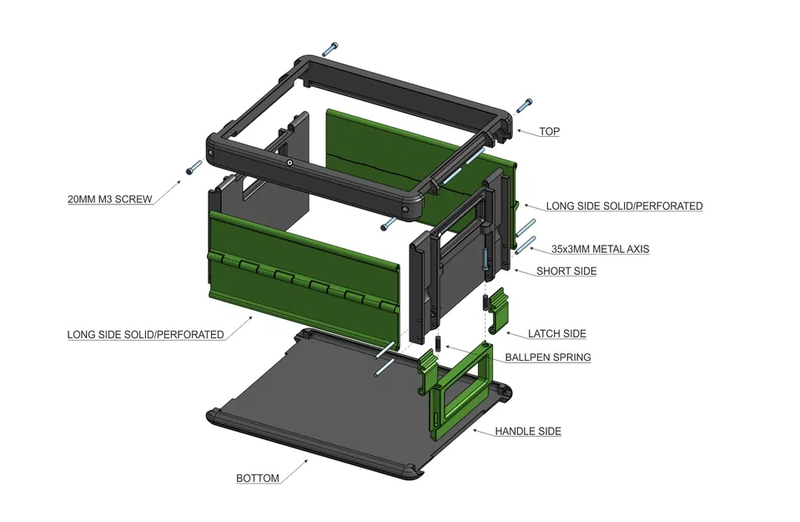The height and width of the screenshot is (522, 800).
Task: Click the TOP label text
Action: coord(549,132)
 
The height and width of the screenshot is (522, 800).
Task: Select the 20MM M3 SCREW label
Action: coord(110,200)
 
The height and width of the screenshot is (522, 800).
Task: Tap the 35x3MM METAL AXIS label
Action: coord(600,249)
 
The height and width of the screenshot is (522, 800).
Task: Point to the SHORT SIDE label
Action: coord(566,271)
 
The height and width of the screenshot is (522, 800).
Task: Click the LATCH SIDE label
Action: coord(557,334)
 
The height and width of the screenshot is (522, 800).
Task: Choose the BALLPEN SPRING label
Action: coord(548,357)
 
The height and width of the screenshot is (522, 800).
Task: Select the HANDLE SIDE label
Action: coord(528,432)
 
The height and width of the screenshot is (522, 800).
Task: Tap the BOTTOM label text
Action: coord(258,479)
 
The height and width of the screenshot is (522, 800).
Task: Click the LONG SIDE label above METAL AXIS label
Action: coord(624,206)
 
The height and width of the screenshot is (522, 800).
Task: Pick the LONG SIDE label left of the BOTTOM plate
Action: coord(145,335)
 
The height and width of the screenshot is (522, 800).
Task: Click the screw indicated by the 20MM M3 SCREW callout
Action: coord(193,167)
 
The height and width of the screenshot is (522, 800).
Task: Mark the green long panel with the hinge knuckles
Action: coord(300,276)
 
